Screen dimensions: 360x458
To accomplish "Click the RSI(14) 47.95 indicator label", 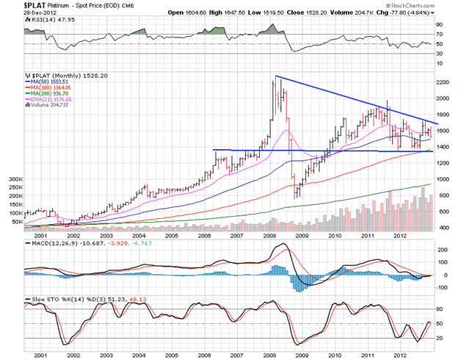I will [49, 21].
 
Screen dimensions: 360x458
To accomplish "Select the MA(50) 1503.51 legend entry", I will [51, 82].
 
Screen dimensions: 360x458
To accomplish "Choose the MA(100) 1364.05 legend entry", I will [52, 89].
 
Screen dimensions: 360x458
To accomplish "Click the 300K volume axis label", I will [15, 179].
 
